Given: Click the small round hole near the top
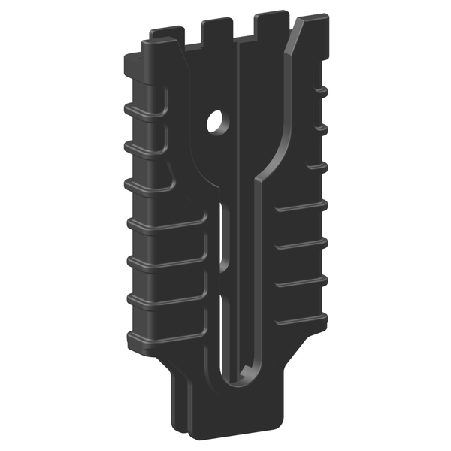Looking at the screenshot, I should coord(217,120).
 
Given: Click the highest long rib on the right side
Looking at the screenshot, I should coord(301,204).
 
